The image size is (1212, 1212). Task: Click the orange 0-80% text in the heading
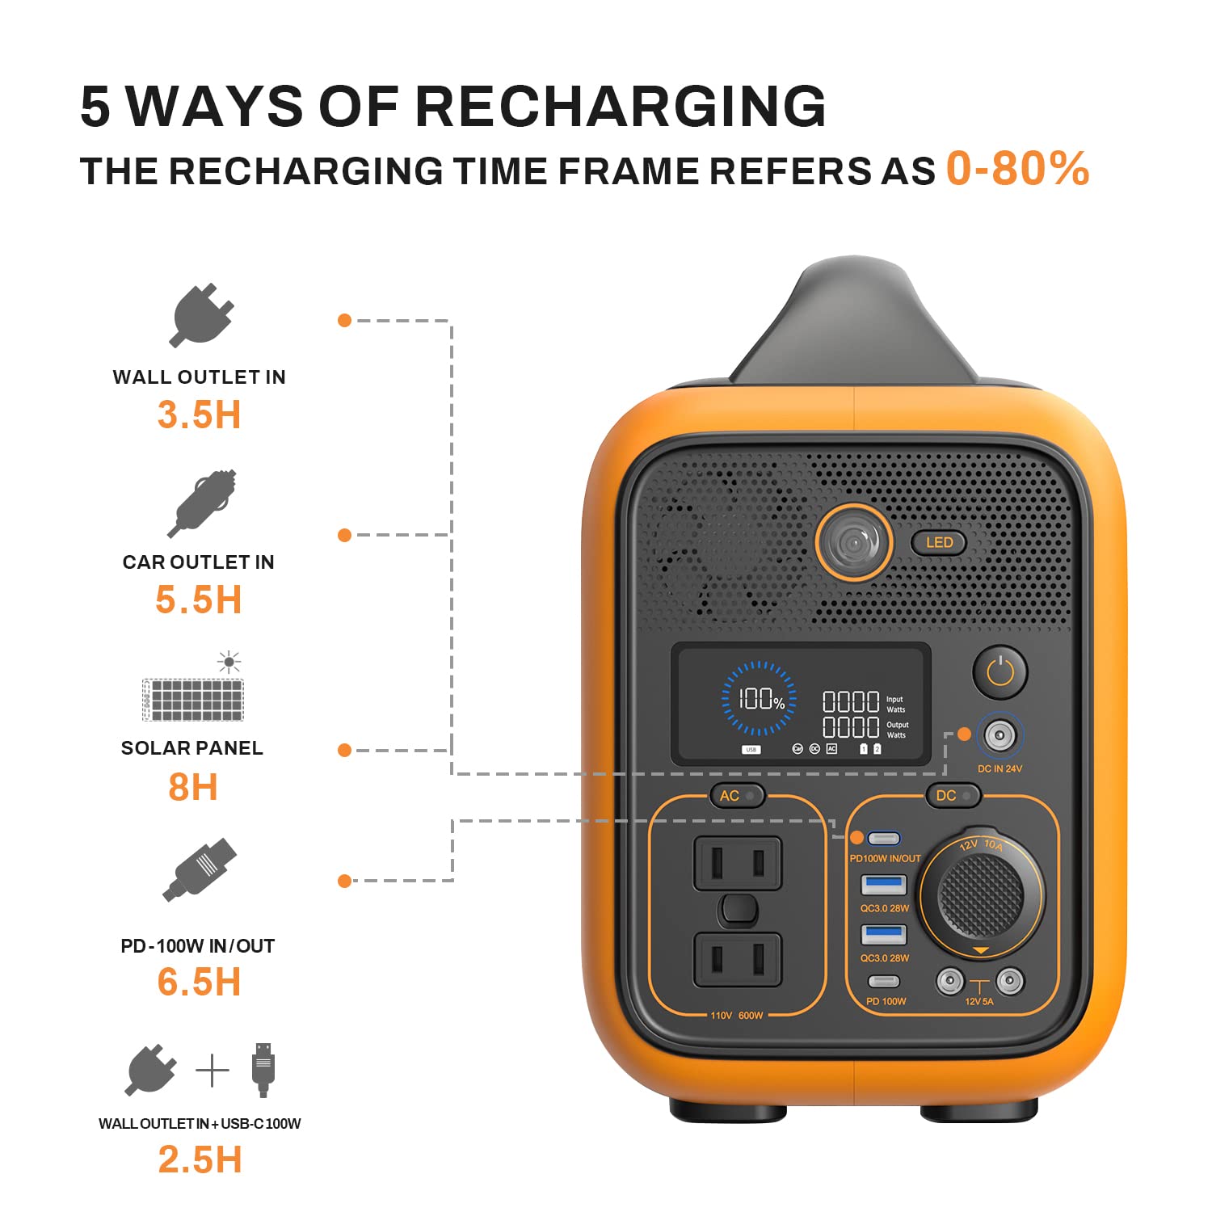click(1017, 169)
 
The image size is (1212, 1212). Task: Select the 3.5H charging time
click(199, 415)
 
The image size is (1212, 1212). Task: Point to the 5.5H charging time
click(199, 600)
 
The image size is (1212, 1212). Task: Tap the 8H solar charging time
click(193, 787)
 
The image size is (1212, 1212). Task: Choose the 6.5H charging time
click(199, 983)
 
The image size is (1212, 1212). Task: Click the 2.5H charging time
click(200, 1159)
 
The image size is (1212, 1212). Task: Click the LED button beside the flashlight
click(939, 542)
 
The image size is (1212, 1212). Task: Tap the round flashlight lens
click(853, 542)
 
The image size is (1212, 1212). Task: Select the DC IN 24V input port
click(999, 735)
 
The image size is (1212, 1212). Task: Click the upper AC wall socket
click(737, 864)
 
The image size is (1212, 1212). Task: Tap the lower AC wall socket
click(737, 960)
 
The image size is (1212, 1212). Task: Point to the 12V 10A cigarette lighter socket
click(980, 894)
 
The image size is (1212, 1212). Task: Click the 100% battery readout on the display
click(760, 699)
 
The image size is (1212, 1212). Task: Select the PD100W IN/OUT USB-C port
click(883, 838)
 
